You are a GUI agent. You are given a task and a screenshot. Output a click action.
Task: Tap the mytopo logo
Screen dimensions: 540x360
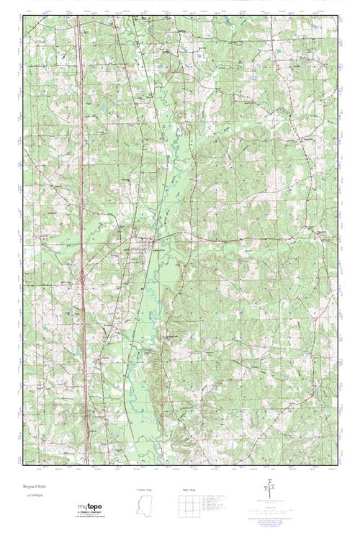[90, 509]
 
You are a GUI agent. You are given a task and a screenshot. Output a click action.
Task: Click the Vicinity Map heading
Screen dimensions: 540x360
[144, 490]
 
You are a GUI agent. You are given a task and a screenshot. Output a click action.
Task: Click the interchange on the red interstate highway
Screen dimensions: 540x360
[83, 274]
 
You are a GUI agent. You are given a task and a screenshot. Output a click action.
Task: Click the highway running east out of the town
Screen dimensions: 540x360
[216, 237]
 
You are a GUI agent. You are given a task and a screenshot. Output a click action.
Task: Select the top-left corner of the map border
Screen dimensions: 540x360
[22, 14]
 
